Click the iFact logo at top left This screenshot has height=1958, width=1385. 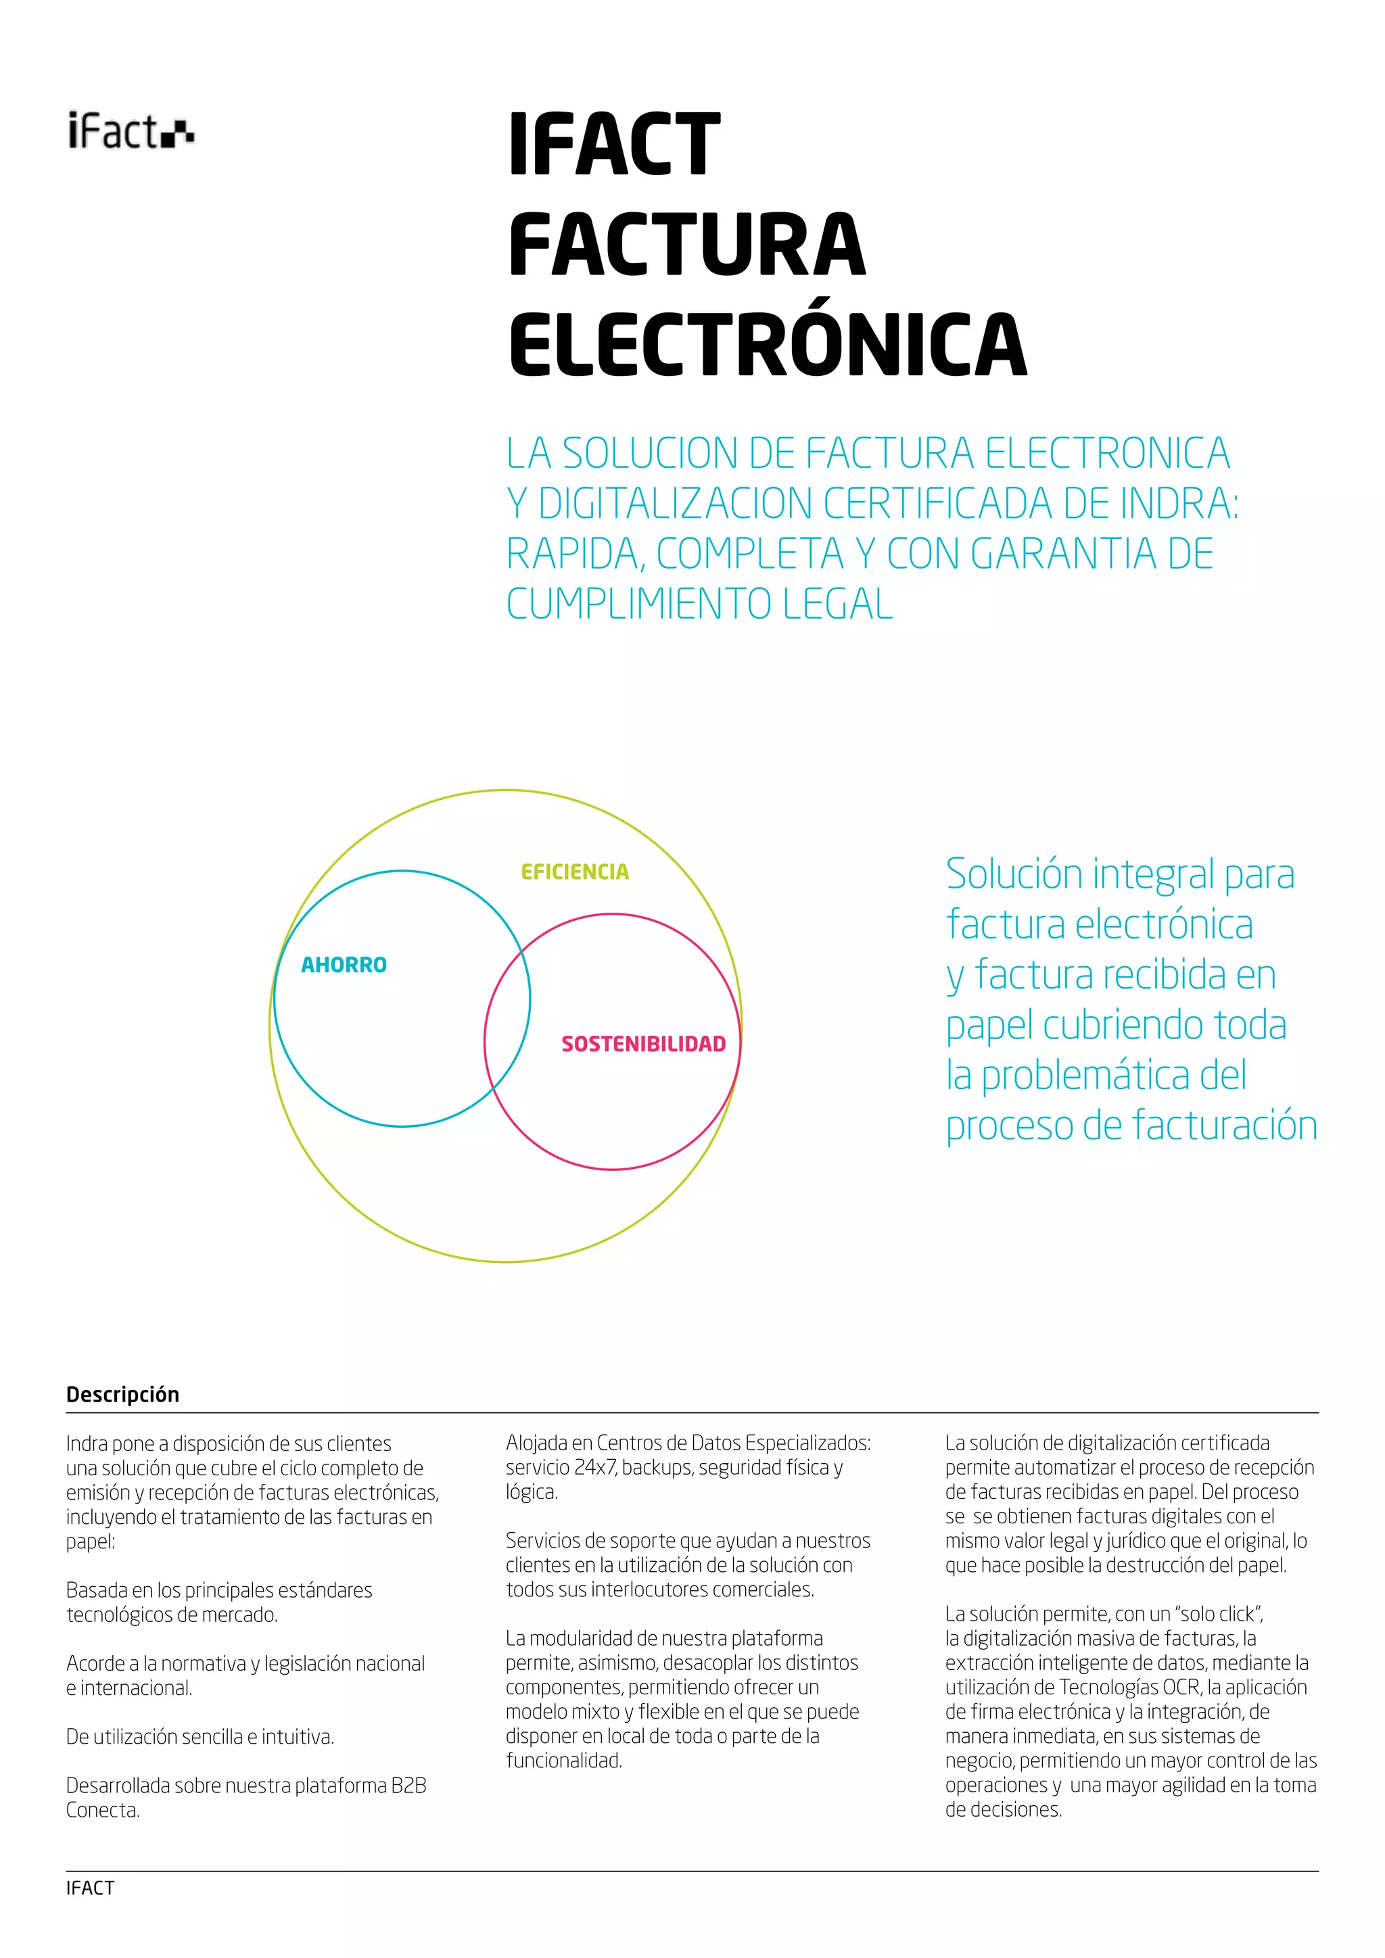(131, 131)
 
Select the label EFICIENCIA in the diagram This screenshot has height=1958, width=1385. (575, 871)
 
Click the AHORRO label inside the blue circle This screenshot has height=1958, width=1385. (344, 965)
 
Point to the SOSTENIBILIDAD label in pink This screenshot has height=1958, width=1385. (643, 1044)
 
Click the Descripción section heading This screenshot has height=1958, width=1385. (123, 1394)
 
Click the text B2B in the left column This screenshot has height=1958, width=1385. (408, 1785)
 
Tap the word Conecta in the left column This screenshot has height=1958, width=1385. (102, 1810)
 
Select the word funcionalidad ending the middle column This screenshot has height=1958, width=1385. (564, 1760)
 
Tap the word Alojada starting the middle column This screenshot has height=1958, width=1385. (536, 1443)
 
